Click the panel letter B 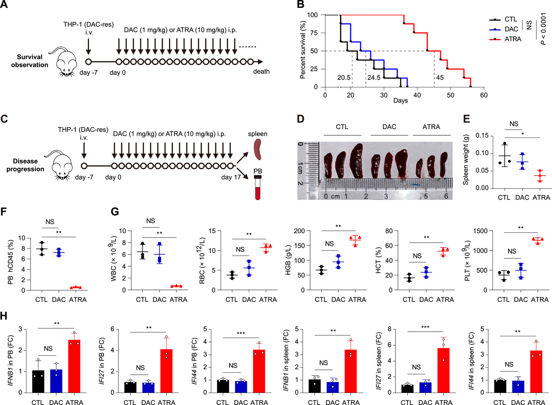[x=301, y=5]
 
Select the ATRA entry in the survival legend [x=513, y=39]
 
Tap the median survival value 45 [x=440, y=77]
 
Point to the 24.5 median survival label [x=374, y=77]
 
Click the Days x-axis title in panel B [x=400, y=101]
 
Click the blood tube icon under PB [x=258, y=188]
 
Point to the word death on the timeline [x=261, y=72]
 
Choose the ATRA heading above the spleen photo [x=431, y=127]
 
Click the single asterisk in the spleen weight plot [x=523, y=134]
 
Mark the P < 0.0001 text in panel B [x=544, y=29]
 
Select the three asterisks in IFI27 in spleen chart [x=425, y=327]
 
